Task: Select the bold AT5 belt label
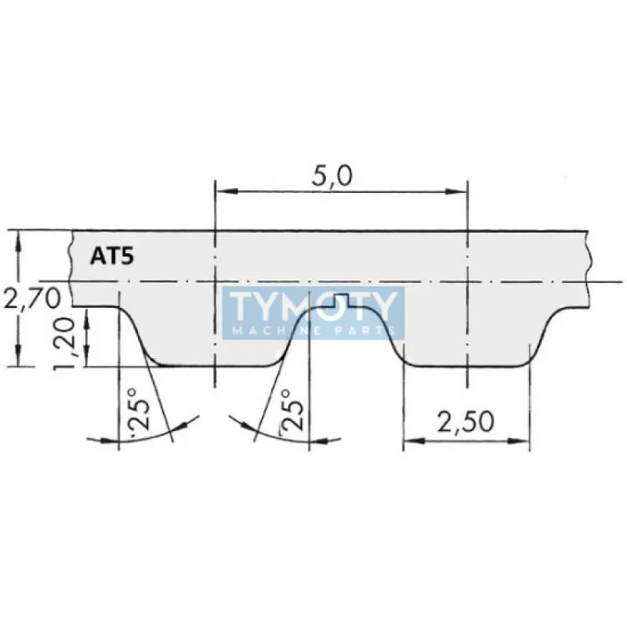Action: tap(109, 256)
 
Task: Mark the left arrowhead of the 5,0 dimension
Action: tap(222, 190)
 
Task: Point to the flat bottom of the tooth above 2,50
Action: tap(466, 365)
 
